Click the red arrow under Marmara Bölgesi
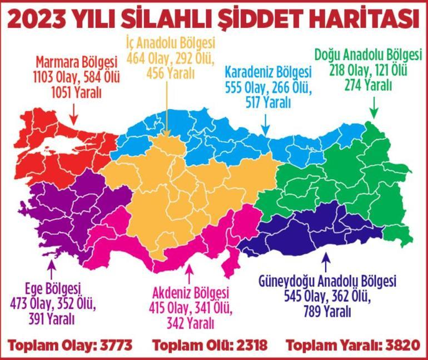(x=73, y=115)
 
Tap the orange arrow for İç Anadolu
(x=167, y=109)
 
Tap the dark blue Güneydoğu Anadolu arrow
(x=326, y=262)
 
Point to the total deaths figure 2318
(x=253, y=345)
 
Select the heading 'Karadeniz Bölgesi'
(x=268, y=72)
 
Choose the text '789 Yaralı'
(x=327, y=312)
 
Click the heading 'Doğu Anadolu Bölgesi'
(x=368, y=56)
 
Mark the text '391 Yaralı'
(x=52, y=319)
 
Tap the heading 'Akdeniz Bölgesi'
(x=190, y=292)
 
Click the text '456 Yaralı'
(x=170, y=72)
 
